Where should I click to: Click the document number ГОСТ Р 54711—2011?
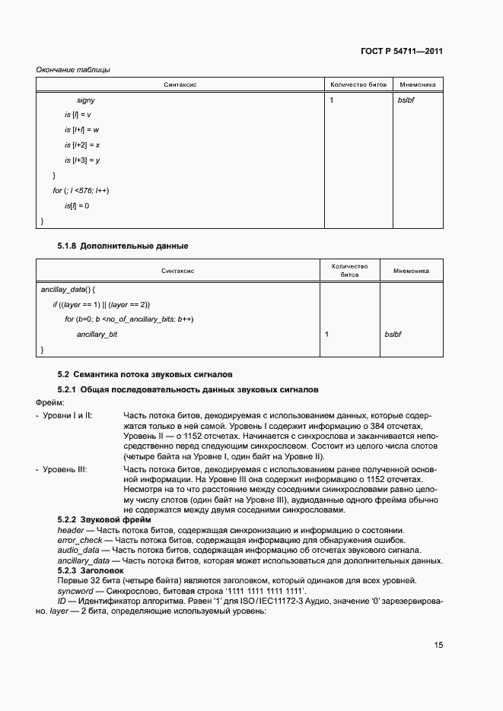[402, 52]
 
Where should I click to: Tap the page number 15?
[438, 645]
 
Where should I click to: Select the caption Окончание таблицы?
[73, 70]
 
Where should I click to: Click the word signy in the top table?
[86, 100]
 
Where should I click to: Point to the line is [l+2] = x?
[82, 144]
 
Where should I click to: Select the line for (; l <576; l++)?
[81, 190]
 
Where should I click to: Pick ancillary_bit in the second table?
[97, 334]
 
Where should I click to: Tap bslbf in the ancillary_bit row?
[393, 334]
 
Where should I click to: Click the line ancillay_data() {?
[68, 290]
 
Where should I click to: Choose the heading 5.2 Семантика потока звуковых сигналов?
[145, 374]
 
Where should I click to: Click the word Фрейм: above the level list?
[50, 402]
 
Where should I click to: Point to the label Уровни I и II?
[67, 417]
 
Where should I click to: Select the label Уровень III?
[65, 470]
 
